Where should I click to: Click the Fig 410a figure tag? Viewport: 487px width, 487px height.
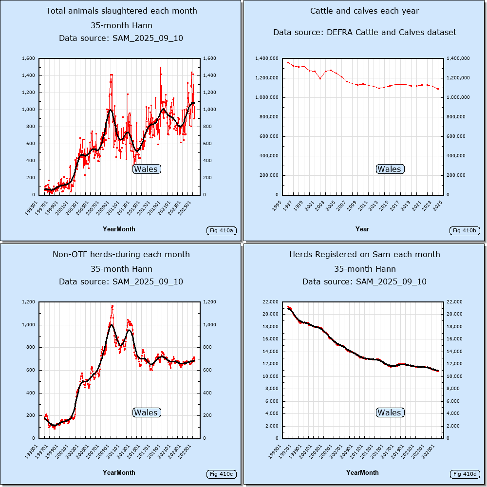tap(221, 230)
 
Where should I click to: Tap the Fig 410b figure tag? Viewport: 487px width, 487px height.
tap(465, 230)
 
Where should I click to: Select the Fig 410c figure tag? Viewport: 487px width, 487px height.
tap(221, 474)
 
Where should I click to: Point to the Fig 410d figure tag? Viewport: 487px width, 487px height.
tap(465, 474)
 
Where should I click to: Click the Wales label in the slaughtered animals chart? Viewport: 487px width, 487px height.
tap(146, 169)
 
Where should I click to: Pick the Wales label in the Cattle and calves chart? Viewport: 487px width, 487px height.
tap(390, 169)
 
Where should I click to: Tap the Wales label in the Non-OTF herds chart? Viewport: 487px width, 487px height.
tap(146, 412)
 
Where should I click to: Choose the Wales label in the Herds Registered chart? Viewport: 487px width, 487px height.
tap(390, 412)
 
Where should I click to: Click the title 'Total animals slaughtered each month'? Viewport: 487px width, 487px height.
tap(121, 11)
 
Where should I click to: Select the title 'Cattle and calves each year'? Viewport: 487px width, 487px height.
tap(365, 11)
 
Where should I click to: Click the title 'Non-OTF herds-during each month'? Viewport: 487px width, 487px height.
tap(121, 254)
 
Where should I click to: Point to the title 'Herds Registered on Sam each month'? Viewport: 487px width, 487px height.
tap(365, 254)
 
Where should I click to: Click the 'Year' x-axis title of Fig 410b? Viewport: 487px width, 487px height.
tap(362, 229)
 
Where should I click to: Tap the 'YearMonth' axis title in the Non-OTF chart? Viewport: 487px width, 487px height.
tap(119, 472)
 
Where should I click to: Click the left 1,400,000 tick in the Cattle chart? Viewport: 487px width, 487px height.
tap(266, 58)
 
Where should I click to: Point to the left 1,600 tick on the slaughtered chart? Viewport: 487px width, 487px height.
tap(28, 58)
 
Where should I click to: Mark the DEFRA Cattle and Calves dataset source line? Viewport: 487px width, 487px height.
tap(365, 32)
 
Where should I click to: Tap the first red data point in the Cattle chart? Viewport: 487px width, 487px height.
tap(288, 62)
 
